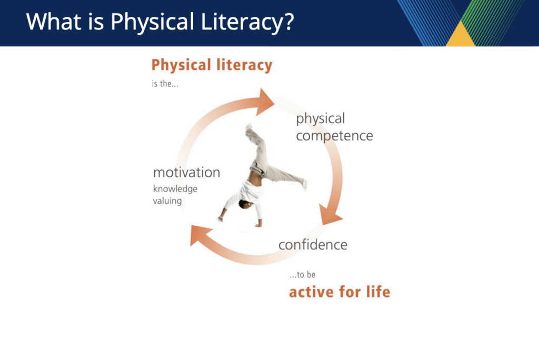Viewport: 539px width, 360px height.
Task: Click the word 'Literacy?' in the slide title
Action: (x=247, y=22)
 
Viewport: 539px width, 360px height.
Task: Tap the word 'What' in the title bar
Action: (x=54, y=22)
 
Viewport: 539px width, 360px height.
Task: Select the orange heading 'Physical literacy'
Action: (x=212, y=65)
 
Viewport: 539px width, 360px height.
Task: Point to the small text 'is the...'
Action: (x=165, y=84)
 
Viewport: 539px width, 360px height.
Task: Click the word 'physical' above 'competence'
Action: (x=321, y=119)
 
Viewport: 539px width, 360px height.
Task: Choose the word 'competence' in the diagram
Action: (x=334, y=136)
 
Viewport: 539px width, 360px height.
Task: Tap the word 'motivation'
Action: (x=187, y=173)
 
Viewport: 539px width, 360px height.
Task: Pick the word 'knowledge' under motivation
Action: (x=175, y=189)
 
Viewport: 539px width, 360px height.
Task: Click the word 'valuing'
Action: (x=167, y=201)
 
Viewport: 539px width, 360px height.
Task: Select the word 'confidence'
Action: (x=313, y=245)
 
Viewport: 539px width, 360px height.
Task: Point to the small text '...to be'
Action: (x=303, y=274)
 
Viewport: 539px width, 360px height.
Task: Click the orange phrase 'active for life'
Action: (x=340, y=292)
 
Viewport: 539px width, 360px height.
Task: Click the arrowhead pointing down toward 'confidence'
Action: (x=330, y=215)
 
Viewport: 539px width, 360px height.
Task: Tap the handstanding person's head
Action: (x=246, y=204)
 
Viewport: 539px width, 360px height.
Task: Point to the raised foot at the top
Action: (x=248, y=127)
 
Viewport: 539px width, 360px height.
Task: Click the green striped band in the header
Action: (x=488, y=21)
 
